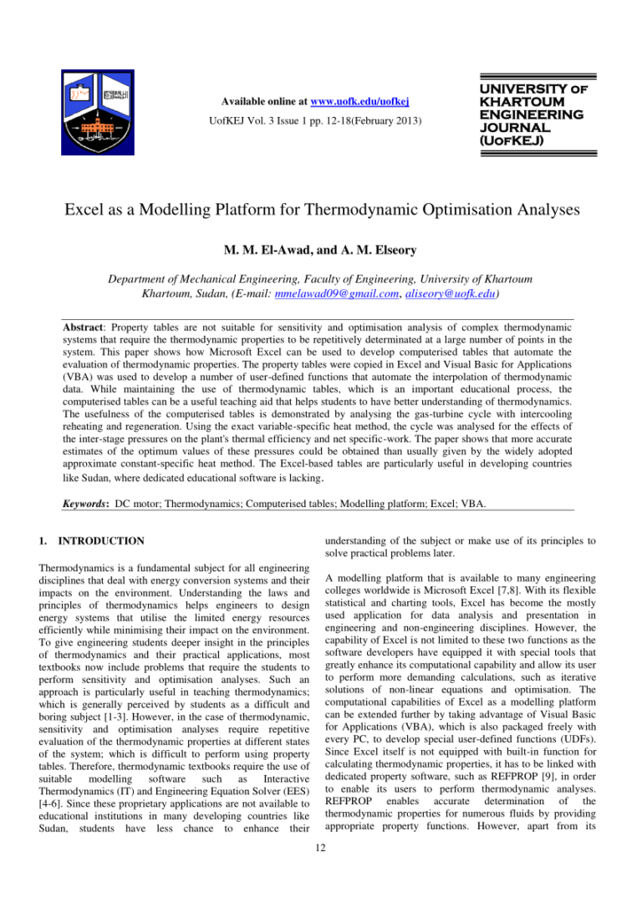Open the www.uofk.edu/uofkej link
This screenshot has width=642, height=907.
click(359, 102)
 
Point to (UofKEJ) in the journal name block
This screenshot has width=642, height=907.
click(510, 141)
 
